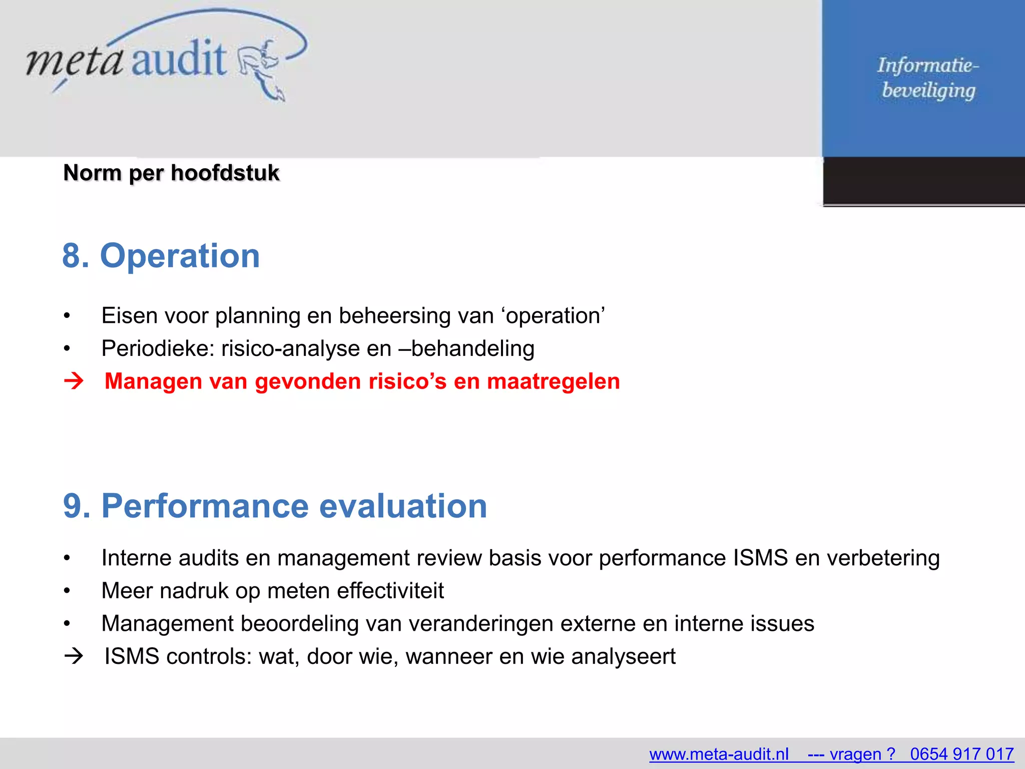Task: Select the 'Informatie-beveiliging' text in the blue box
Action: [x=927, y=78]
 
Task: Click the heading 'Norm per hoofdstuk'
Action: [x=171, y=173]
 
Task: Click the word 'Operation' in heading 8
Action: [x=180, y=256]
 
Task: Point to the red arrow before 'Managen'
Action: [x=74, y=381]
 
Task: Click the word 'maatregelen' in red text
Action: [x=553, y=381]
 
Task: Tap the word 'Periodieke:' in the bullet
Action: [x=157, y=348]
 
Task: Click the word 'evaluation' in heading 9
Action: [x=403, y=506]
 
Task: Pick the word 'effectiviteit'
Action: [x=390, y=591]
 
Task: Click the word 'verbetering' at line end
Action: [x=883, y=558]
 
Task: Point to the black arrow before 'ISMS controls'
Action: [x=74, y=656]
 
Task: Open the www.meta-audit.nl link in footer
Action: [x=719, y=754]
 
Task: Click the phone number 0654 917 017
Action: [x=961, y=754]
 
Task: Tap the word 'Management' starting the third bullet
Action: [x=167, y=624]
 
